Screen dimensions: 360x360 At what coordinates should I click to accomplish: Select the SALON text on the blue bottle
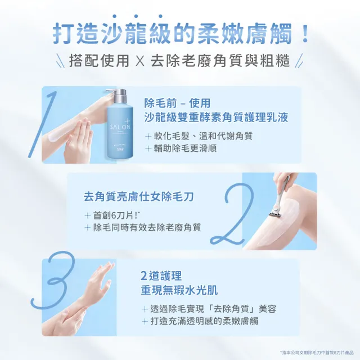120,127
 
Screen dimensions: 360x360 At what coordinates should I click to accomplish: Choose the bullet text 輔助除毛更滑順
185,148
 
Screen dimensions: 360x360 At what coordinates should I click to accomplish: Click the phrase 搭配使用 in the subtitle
96,61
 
